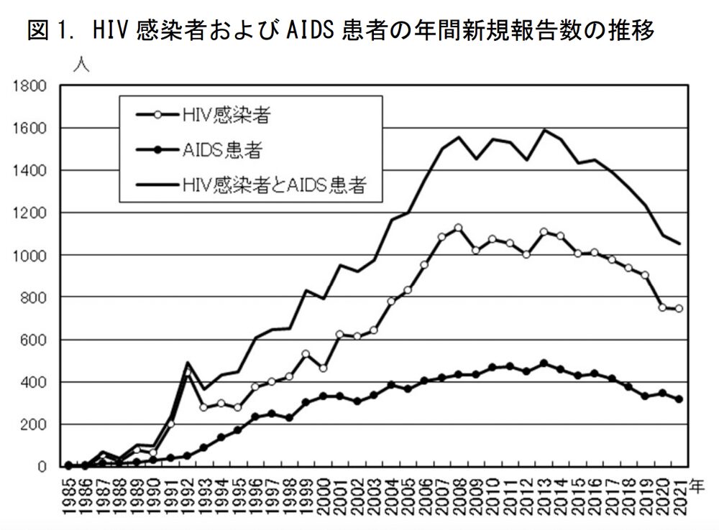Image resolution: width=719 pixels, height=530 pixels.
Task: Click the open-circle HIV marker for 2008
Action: [458, 228]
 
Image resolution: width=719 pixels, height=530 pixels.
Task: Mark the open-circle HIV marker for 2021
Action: [678, 309]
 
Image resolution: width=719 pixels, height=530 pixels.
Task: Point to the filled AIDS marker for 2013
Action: [543, 363]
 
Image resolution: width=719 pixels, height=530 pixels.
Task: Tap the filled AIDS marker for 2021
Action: [678, 399]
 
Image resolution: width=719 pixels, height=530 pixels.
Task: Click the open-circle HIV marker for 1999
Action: [306, 353]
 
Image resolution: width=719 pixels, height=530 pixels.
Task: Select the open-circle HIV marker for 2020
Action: [661, 307]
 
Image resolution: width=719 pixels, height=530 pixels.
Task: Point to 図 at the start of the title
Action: [38, 31]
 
